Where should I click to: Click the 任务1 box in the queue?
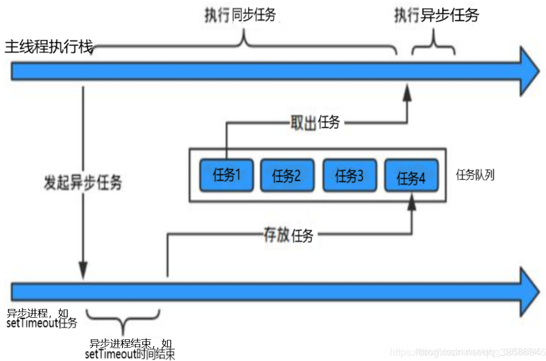tap(226, 176)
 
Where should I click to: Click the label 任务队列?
tap(475, 175)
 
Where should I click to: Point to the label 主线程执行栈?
tap(49, 47)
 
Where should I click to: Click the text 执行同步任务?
tap(240, 15)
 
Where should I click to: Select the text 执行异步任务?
tap(436, 15)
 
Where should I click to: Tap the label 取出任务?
tap(315, 123)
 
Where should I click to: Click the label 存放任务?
tap(288, 236)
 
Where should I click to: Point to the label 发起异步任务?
tap(82, 182)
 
